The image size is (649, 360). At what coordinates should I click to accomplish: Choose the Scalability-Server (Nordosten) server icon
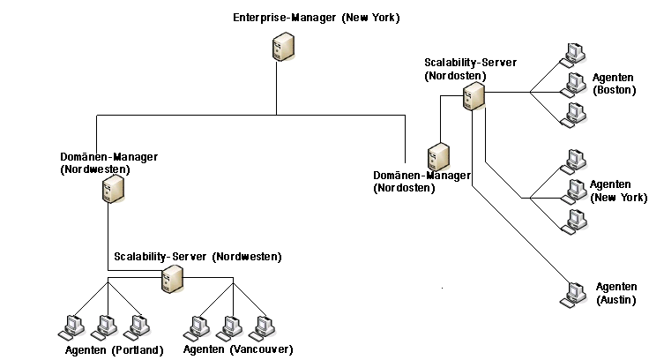pyautogui.click(x=474, y=95)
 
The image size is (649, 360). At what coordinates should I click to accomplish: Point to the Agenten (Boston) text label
pyautogui.click(x=614, y=84)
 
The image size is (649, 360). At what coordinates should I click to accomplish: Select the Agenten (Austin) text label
pyautogui.click(x=616, y=294)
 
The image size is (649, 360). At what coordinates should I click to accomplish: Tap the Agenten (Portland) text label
pyautogui.click(x=115, y=350)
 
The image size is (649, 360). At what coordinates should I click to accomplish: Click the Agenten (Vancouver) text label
pyautogui.click(x=238, y=350)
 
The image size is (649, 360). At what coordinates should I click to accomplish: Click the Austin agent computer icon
pyautogui.click(x=575, y=293)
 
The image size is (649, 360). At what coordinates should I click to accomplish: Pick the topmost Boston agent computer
pyautogui.click(x=575, y=53)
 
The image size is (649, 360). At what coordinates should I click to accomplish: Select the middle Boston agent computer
pyautogui.click(x=576, y=84)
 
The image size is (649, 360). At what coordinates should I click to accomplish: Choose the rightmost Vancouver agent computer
pyautogui.click(x=263, y=327)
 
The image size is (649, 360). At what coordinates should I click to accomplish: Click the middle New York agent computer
pyautogui.click(x=576, y=190)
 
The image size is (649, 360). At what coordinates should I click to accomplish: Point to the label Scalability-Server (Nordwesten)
pyautogui.click(x=198, y=257)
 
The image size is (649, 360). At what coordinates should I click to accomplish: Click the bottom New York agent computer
pyautogui.click(x=576, y=221)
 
